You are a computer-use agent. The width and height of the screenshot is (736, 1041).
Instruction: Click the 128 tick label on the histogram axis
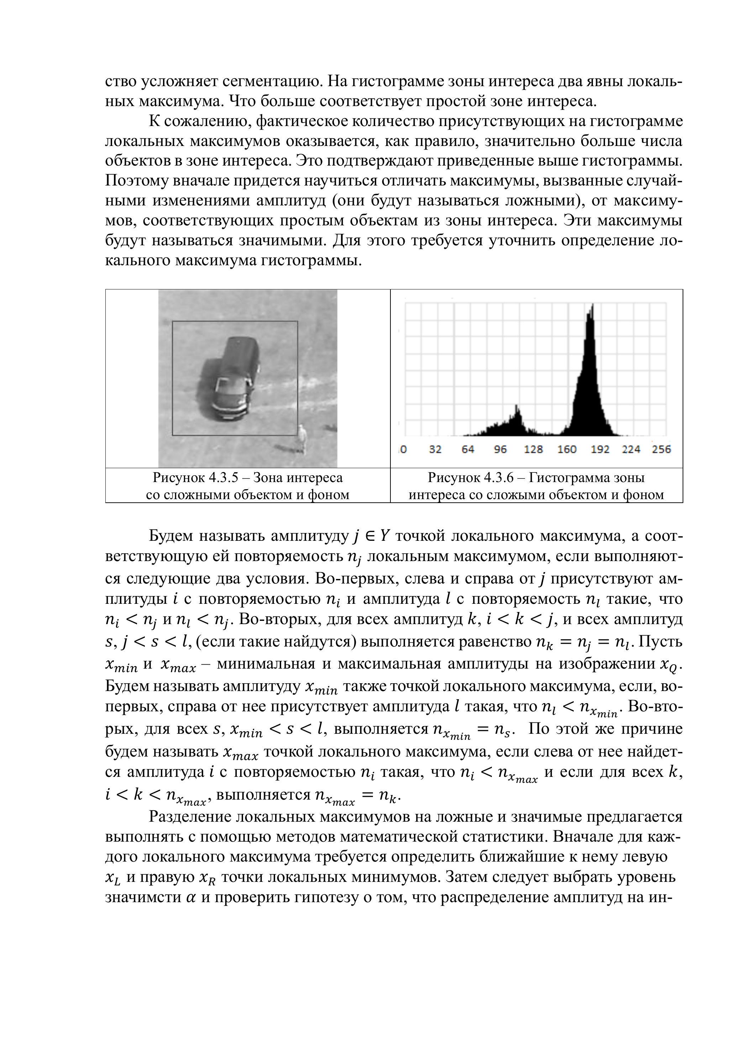(x=533, y=449)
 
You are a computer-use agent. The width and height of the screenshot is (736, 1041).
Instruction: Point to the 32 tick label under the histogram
(x=435, y=449)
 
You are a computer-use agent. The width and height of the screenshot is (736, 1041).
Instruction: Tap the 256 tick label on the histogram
(x=661, y=449)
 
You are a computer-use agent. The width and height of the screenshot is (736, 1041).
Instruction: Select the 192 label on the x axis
(x=600, y=449)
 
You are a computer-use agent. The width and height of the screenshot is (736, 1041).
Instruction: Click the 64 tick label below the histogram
(x=468, y=449)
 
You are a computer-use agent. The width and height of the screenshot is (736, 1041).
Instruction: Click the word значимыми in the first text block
(x=282, y=241)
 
